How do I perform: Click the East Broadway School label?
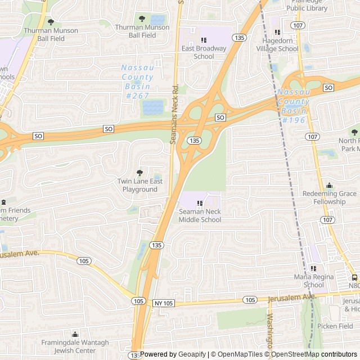(204, 52)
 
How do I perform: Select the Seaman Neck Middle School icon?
(200, 204)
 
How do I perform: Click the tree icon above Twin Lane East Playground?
(140, 173)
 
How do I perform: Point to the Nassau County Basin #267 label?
(137, 82)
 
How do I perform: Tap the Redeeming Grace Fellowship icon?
(329, 186)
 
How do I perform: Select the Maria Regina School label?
(309, 281)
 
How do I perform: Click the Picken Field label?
(335, 326)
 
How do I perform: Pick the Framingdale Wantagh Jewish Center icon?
(75, 335)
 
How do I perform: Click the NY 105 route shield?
(164, 303)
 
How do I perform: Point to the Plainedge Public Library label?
(307, 5)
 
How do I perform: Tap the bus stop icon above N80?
(354, 277)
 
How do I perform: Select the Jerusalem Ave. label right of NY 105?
(293, 297)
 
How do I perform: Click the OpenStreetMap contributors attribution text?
(323, 354)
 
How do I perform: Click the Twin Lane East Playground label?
(140, 185)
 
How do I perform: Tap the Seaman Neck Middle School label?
(200, 215)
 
